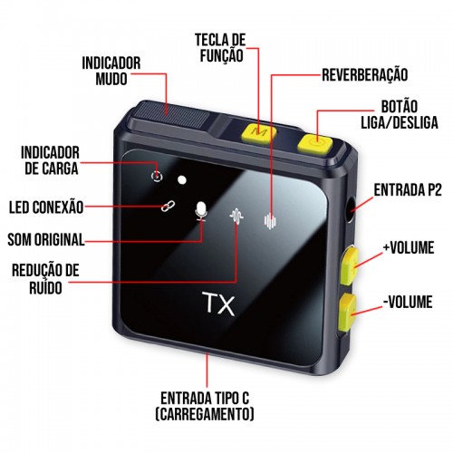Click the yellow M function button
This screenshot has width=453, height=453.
coord(258,133)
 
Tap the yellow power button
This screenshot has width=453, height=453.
coord(315,143)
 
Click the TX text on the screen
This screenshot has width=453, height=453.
coord(219,304)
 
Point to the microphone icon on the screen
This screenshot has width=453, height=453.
coord(201,210)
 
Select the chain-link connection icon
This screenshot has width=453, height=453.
coord(168,206)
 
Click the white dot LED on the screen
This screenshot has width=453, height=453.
coord(182,180)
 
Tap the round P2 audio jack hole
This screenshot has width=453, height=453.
coord(352,209)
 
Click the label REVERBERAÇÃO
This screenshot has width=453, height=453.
coord(365,75)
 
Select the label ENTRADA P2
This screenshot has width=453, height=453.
coord(408,190)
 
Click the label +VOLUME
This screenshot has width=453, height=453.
coord(409,247)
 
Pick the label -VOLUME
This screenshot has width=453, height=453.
coord(408,302)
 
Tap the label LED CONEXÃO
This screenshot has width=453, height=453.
coord(46,207)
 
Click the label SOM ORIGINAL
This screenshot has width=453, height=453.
coord(46,239)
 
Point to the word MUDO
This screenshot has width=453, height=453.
coord(111,79)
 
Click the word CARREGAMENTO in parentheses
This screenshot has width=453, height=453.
coord(205,414)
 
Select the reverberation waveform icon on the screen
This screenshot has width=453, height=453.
coord(270,220)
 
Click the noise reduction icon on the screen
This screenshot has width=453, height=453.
coord(236,217)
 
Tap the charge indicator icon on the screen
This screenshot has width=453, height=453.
coord(157,176)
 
